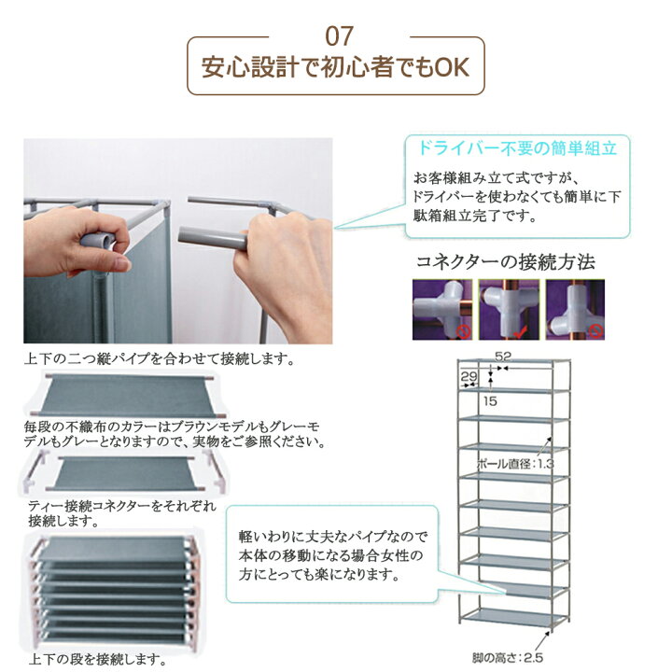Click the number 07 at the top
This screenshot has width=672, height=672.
click(x=339, y=36)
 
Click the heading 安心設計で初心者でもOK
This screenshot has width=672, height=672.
click(x=336, y=67)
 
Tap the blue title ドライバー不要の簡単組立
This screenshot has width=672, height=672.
click(x=517, y=148)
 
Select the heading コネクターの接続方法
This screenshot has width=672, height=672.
click(x=506, y=262)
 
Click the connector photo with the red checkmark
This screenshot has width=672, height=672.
click(x=509, y=310)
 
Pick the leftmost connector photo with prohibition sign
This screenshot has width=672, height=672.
click(x=442, y=310)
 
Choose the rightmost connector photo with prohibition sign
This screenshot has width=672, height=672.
click(x=575, y=310)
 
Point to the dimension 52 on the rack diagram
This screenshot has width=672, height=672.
click(x=503, y=357)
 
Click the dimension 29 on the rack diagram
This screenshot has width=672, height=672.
click(x=469, y=376)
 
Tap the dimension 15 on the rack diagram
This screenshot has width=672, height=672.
click(x=490, y=401)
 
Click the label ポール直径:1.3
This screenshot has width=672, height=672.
click(x=515, y=464)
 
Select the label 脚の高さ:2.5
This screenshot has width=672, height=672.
click(x=508, y=657)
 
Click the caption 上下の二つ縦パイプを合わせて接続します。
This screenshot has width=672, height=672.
click(x=160, y=358)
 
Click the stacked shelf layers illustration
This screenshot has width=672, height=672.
click(x=114, y=591)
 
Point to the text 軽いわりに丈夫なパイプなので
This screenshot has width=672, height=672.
click(x=333, y=536)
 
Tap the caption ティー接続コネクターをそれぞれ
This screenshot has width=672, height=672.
click(x=122, y=506)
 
